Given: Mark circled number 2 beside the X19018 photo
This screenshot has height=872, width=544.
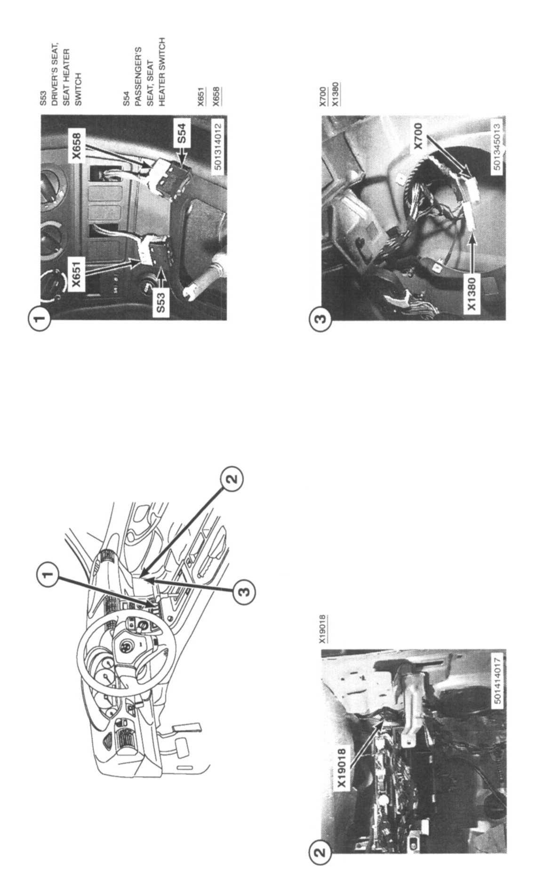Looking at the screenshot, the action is pos(320,850).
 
